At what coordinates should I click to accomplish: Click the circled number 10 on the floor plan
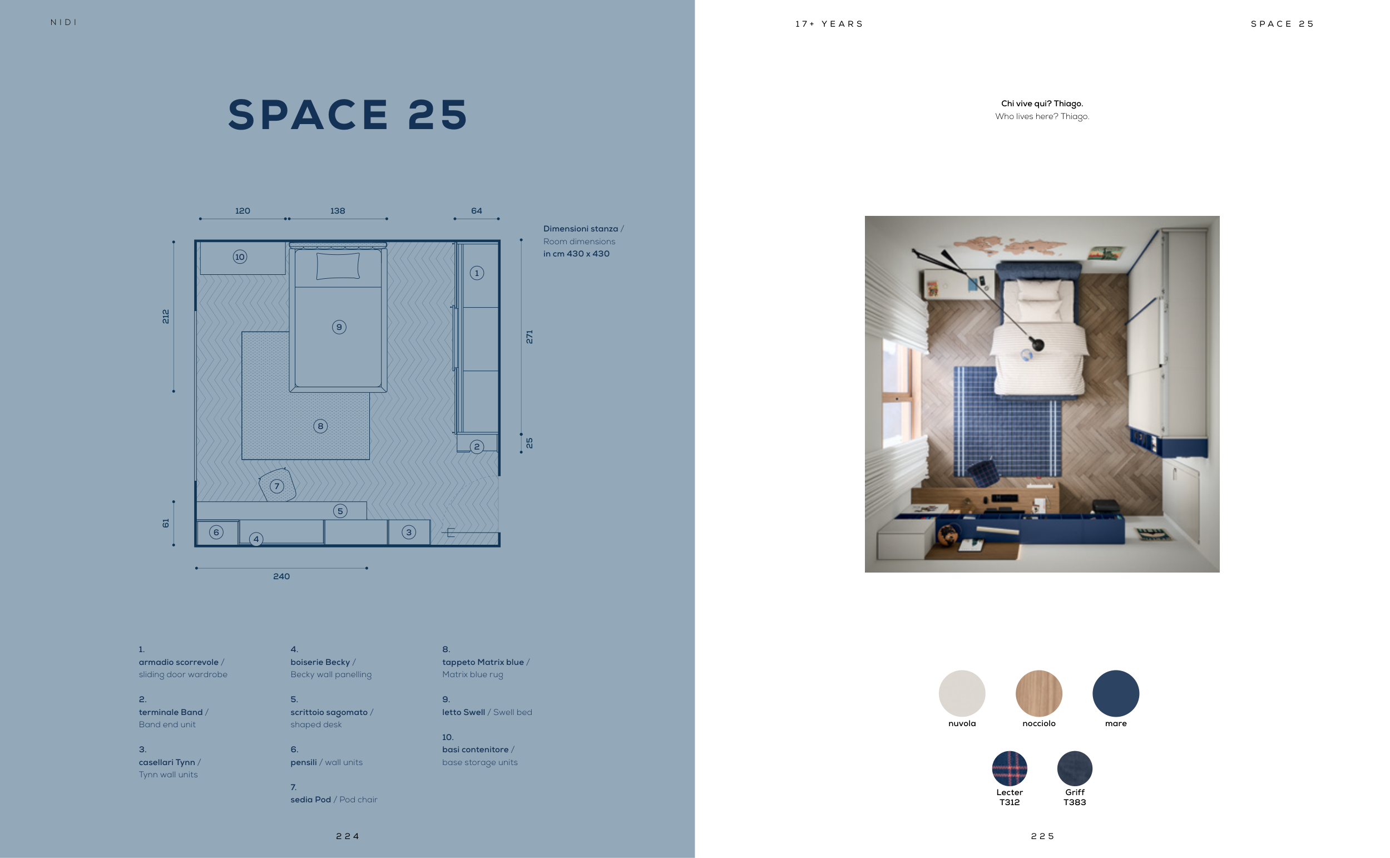(240, 257)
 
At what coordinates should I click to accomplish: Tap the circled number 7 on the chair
(277, 486)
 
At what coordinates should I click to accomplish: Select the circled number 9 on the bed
(339, 327)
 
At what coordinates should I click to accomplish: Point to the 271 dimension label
(529, 337)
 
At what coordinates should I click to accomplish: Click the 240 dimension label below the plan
(281, 576)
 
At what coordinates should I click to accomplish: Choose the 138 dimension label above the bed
(338, 211)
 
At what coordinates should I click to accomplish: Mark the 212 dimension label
(166, 317)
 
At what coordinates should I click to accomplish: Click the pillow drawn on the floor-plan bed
(338, 266)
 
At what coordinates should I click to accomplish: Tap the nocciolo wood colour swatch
(1038, 693)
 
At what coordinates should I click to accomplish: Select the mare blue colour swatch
(1116, 693)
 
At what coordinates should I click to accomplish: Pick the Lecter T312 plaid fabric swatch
(1010, 768)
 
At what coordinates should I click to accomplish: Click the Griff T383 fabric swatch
(1075, 768)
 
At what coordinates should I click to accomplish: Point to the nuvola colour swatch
(962, 693)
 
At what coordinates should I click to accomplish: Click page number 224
(348, 836)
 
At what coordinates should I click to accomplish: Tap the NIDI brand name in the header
(63, 23)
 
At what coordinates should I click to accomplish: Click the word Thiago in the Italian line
(1069, 103)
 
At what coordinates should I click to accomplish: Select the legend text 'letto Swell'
(463, 712)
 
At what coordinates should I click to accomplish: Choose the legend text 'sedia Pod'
(311, 800)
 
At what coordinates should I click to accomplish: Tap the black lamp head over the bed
(1037, 344)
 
